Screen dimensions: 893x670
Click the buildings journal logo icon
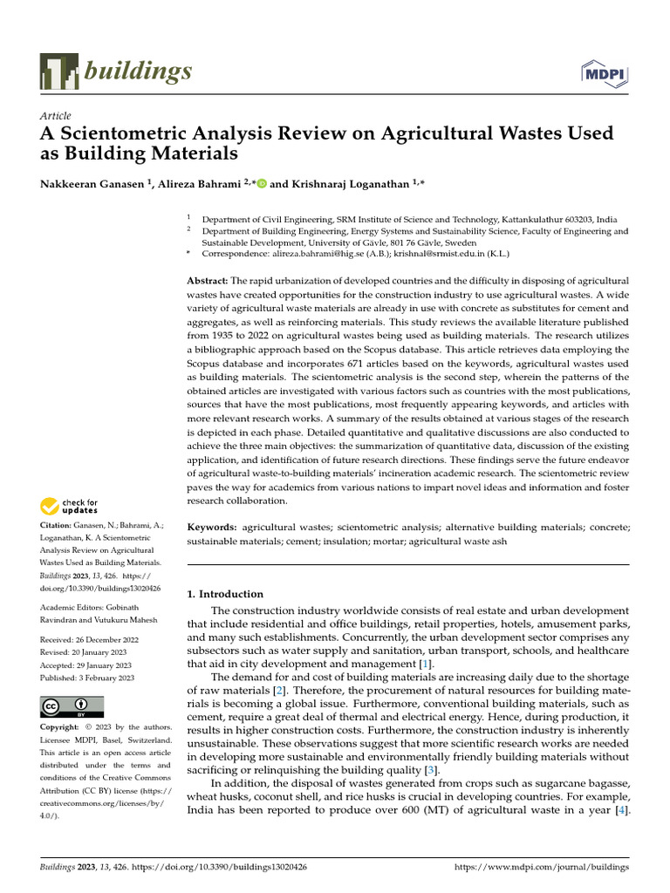[x=58, y=71]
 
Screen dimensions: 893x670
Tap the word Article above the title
[x=56, y=116]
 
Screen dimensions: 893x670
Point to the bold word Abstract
[x=208, y=281]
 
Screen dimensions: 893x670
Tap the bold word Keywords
[x=212, y=528]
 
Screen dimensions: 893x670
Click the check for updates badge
[x=70, y=506]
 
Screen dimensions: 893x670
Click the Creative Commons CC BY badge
[x=72, y=706]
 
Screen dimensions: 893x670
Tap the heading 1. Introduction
[x=225, y=594]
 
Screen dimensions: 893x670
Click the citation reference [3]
[x=430, y=770]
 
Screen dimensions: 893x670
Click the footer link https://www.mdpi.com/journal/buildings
[x=543, y=869]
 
